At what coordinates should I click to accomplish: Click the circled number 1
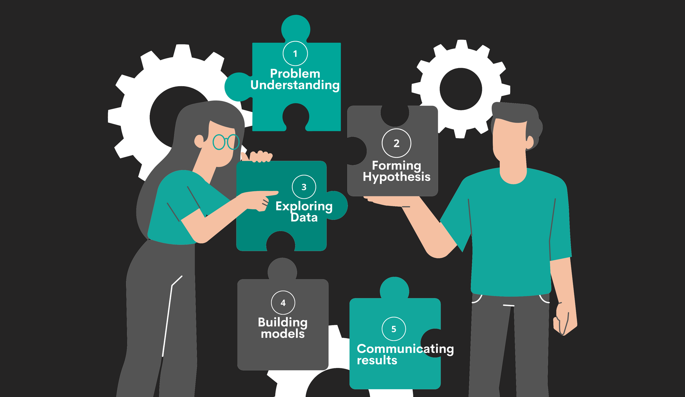(295, 53)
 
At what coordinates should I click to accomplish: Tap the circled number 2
(396, 143)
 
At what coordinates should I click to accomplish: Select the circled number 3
(304, 187)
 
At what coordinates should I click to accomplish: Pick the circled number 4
(283, 303)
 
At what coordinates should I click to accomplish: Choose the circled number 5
(394, 329)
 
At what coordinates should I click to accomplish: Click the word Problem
(295, 73)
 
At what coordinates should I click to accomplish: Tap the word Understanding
(295, 85)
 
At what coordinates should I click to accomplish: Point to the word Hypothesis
(396, 177)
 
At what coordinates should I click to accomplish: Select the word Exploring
(304, 206)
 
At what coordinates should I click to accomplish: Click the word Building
(283, 322)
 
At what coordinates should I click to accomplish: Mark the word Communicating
(405, 349)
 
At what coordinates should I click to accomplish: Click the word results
(377, 360)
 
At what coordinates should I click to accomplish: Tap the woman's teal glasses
(226, 142)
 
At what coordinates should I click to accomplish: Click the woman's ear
(199, 141)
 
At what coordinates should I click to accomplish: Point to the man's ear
(529, 142)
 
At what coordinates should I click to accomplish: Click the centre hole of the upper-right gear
(461, 89)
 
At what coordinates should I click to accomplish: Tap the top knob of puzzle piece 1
(296, 29)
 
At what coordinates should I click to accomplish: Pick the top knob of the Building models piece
(282, 269)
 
